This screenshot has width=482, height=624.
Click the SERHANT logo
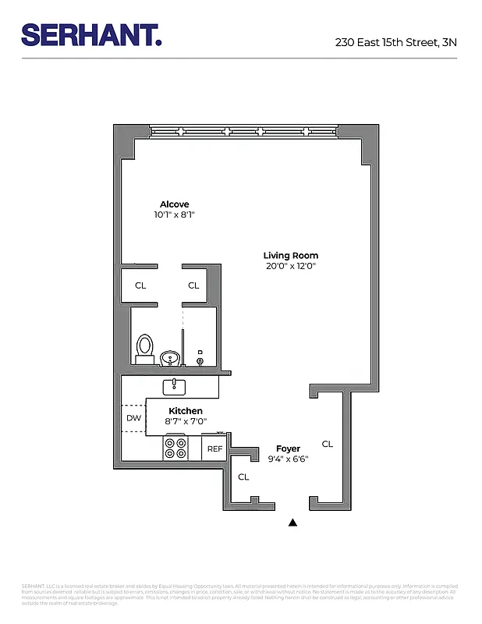(x=91, y=34)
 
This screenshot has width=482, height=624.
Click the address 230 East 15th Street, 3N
(x=396, y=43)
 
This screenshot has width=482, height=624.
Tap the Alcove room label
(x=175, y=204)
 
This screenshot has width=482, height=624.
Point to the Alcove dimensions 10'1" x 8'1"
(x=175, y=214)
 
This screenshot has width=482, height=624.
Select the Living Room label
(x=290, y=256)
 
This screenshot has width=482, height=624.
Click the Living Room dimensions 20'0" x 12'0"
(x=290, y=266)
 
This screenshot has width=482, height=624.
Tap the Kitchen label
(x=186, y=411)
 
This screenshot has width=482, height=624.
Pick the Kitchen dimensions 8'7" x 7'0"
(x=186, y=421)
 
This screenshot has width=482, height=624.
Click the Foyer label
(x=288, y=448)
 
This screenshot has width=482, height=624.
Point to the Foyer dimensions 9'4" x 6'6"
(x=288, y=459)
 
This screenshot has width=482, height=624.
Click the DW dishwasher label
(x=133, y=418)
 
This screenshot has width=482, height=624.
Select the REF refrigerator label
(x=214, y=448)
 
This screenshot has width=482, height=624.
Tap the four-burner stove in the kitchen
(x=175, y=448)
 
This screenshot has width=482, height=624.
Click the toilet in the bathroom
(x=144, y=348)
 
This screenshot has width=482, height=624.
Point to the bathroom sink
(x=170, y=358)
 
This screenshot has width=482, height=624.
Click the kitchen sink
(x=173, y=385)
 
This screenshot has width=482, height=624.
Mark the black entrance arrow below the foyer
(x=293, y=523)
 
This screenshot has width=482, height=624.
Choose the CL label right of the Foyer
(x=328, y=444)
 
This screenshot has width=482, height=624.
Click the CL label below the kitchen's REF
(x=243, y=477)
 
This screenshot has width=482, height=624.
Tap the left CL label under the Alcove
(x=140, y=285)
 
